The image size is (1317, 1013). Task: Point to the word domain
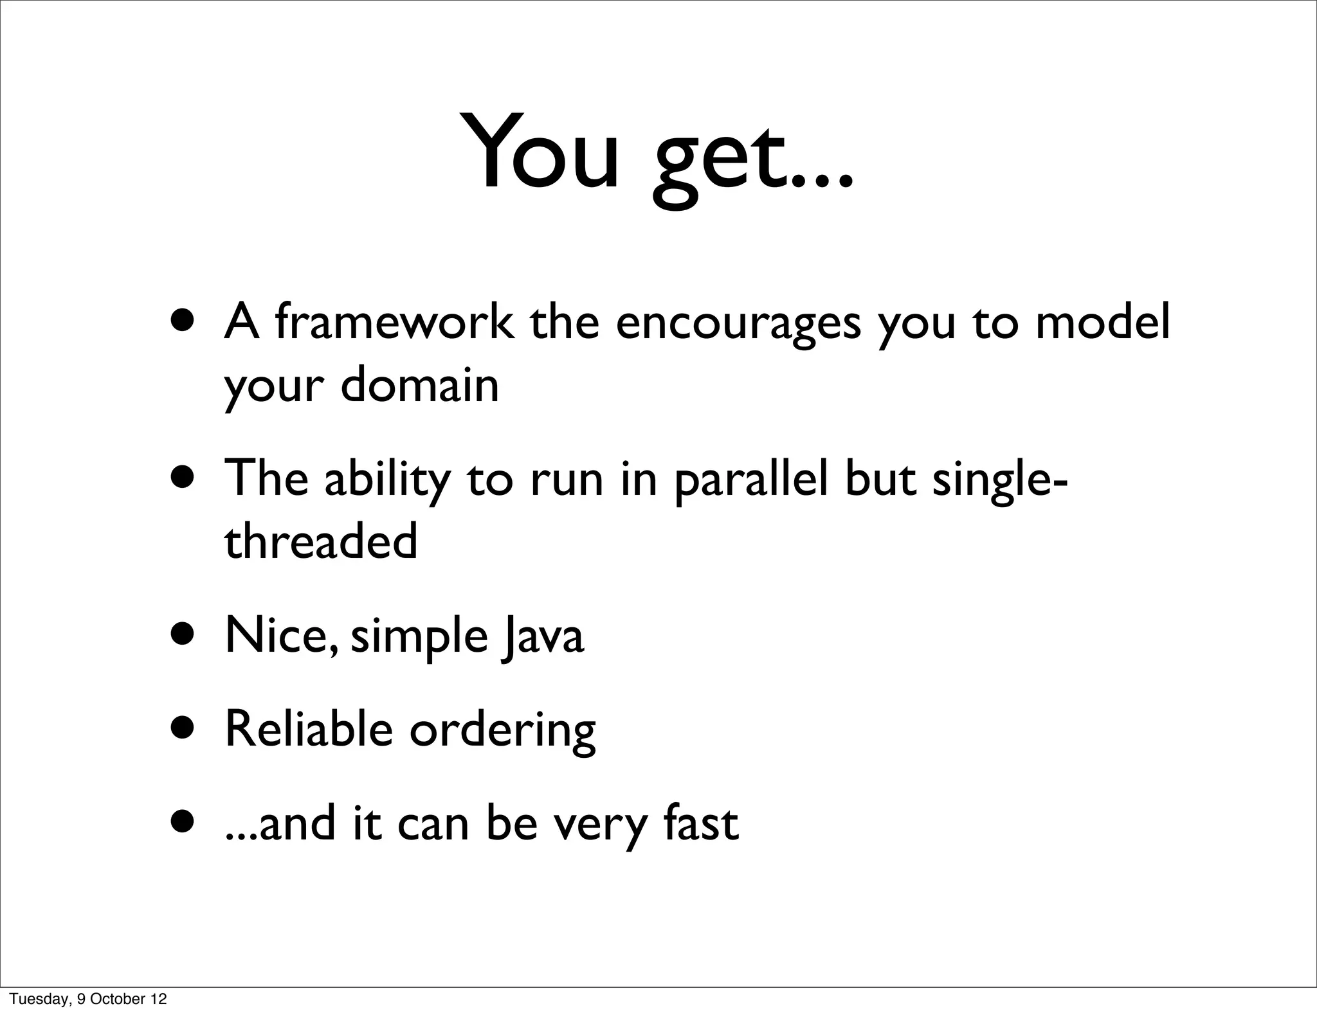click(419, 386)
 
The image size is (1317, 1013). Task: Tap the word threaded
click(321, 541)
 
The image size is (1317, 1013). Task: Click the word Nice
click(279, 635)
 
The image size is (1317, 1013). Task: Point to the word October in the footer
click(118, 999)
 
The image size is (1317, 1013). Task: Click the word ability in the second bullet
click(386, 480)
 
